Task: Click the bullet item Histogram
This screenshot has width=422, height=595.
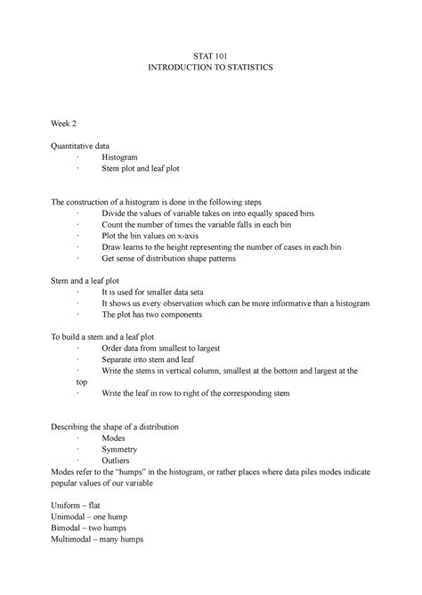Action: [119, 156]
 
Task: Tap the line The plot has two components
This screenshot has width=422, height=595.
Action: [150, 314]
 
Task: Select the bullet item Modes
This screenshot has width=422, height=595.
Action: [115, 439]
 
